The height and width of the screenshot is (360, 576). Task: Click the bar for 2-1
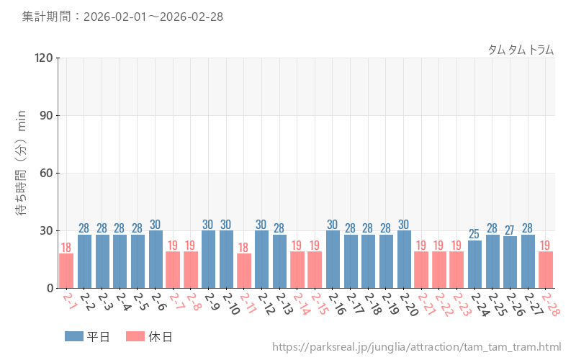pos(66,271)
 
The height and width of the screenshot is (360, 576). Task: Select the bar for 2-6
pos(156,259)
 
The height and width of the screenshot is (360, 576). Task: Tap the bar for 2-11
pos(244,271)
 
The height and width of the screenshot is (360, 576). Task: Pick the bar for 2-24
pos(474,264)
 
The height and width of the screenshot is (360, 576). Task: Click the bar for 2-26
pos(510,262)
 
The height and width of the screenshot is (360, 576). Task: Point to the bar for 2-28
pos(546,270)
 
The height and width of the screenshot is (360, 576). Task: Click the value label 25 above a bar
pos(474,234)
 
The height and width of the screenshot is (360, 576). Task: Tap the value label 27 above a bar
pos(510,230)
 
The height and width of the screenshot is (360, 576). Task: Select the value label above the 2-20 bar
pos(404,225)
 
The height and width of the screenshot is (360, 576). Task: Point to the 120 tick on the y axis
pos(44,58)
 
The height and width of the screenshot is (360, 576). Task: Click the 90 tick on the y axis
pos(47,115)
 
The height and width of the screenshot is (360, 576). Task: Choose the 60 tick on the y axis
pos(47,173)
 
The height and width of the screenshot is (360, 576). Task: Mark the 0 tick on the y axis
pos(50,288)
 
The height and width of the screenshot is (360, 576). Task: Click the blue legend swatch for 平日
pos(74,336)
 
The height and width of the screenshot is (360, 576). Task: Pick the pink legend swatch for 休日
pos(135,336)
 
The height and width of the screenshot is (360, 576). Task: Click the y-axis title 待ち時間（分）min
pos(21,173)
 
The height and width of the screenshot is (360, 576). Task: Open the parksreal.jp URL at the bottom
pos(416,347)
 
